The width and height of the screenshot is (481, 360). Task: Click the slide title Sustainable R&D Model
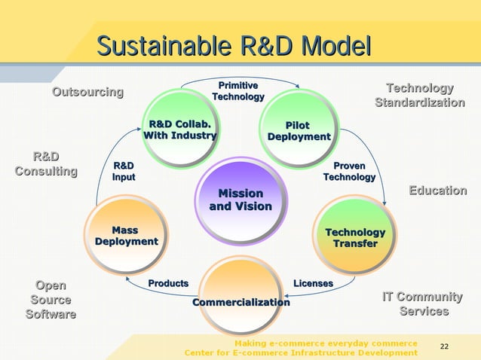[x=234, y=46]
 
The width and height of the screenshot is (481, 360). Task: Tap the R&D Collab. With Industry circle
[x=180, y=129]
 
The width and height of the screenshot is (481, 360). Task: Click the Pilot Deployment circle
[x=299, y=130]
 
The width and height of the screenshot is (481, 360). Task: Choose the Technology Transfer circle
[x=354, y=237]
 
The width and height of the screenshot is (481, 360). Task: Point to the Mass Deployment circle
[x=126, y=235]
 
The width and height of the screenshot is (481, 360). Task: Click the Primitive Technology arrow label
[x=238, y=91]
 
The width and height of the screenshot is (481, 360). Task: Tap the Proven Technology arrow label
[x=348, y=171]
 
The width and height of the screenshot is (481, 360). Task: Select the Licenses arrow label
[x=313, y=283]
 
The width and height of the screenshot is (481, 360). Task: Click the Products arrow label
[x=168, y=283]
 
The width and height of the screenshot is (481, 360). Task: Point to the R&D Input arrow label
[x=124, y=171]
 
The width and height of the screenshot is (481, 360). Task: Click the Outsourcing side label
[x=87, y=92]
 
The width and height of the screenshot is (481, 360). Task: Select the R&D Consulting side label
[x=46, y=163]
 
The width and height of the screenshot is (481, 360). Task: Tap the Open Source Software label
[x=51, y=300]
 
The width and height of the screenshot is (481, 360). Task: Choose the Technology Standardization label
[x=419, y=95]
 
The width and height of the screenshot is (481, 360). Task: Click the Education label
[x=437, y=191]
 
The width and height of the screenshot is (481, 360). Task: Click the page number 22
[x=444, y=346]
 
